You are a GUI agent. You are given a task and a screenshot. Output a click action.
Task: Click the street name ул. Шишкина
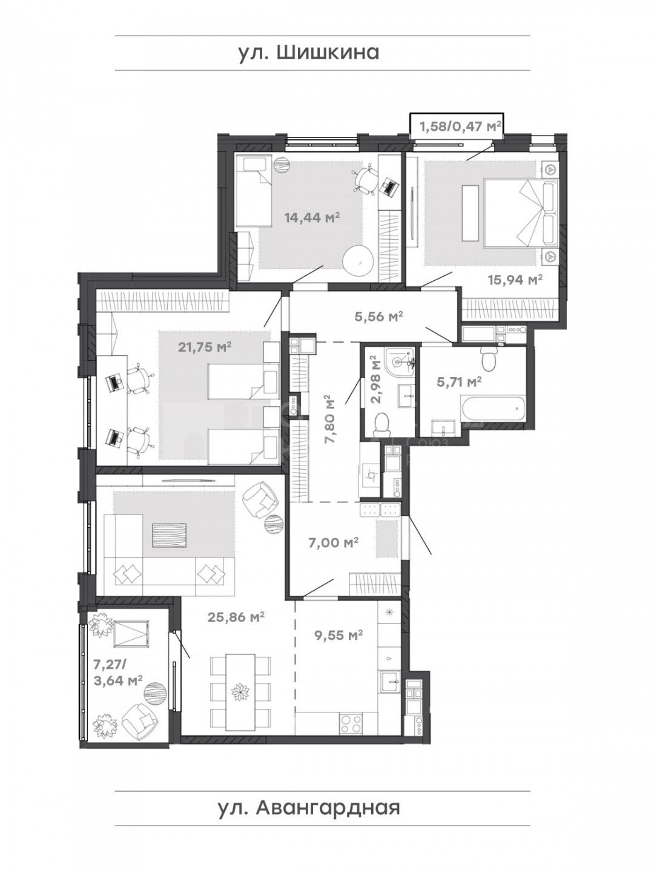(308, 53)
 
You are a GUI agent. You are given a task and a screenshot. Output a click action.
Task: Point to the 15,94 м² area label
(515, 280)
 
